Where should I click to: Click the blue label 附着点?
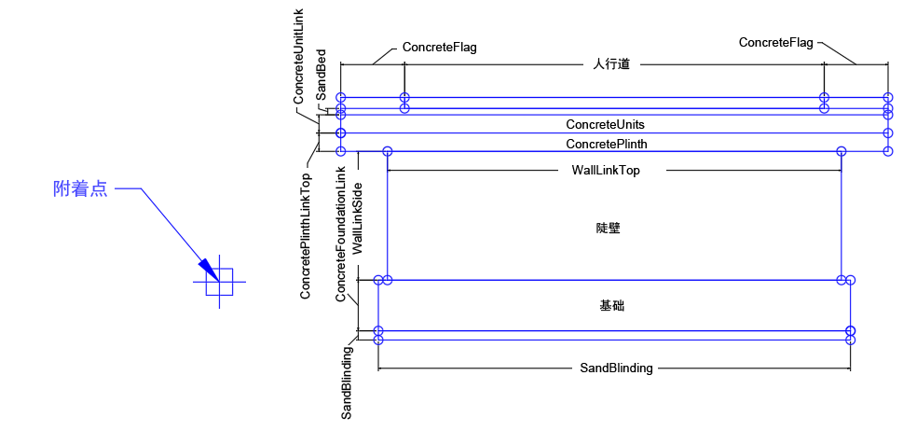[79, 189]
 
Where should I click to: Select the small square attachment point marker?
[220, 281]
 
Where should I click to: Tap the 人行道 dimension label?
[611, 64]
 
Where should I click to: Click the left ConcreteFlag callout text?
[439, 47]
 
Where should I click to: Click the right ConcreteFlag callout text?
[776, 42]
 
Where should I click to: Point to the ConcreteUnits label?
[605, 124]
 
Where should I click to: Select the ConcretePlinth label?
[606, 144]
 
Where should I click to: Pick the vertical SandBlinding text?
[347, 382]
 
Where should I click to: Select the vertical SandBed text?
[321, 76]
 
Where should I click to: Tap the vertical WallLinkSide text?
[359, 213]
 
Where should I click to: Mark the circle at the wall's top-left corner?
[388, 151]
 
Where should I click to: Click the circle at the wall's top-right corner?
[842, 151]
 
